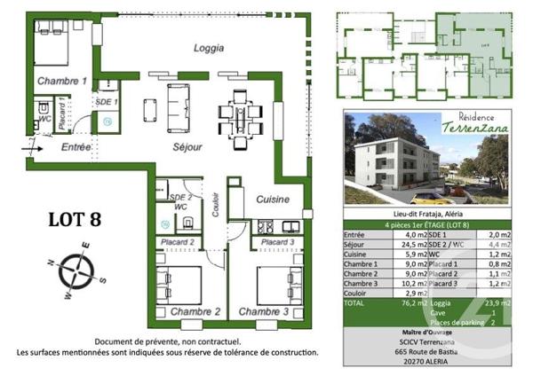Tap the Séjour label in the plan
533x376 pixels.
(x=188, y=147)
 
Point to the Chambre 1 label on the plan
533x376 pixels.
(x=61, y=82)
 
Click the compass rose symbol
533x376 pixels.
(x=77, y=272)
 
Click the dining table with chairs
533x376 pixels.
(x=238, y=114)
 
